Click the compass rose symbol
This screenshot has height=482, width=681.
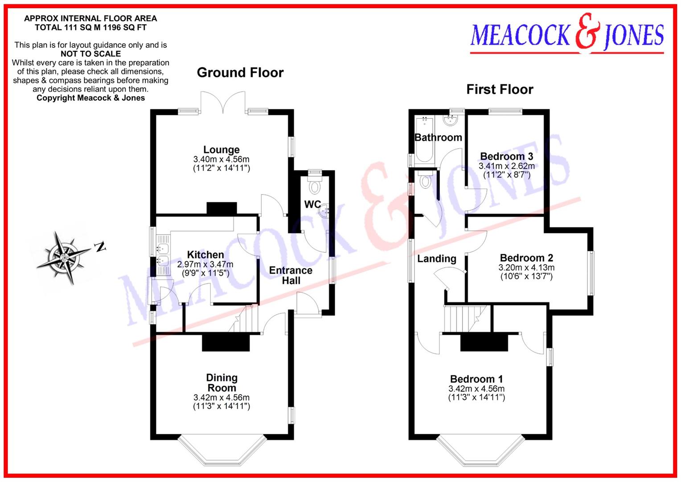(x=62, y=257)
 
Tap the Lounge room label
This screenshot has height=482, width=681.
(x=222, y=150)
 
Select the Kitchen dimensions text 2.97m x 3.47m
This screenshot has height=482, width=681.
(x=205, y=264)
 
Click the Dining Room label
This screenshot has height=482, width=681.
(x=222, y=383)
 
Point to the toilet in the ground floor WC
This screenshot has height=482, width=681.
(x=316, y=186)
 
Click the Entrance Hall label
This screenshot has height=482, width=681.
(x=291, y=275)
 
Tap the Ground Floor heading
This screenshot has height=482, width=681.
(x=240, y=73)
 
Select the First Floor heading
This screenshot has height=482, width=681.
(x=500, y=89)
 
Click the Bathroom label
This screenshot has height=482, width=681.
(x=438, y=137)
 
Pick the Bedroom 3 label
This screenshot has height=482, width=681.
(x=507, y=156)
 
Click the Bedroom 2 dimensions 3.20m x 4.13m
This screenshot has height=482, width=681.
(x=526, y=268)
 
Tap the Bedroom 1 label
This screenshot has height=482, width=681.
(x=476, y=379)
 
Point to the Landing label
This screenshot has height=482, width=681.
(x=437, y=259)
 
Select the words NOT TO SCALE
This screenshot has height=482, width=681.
(x=90, y=54)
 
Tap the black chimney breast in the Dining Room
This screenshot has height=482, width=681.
(x=226, y=343)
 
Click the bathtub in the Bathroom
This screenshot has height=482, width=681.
(x=422, y=141)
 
